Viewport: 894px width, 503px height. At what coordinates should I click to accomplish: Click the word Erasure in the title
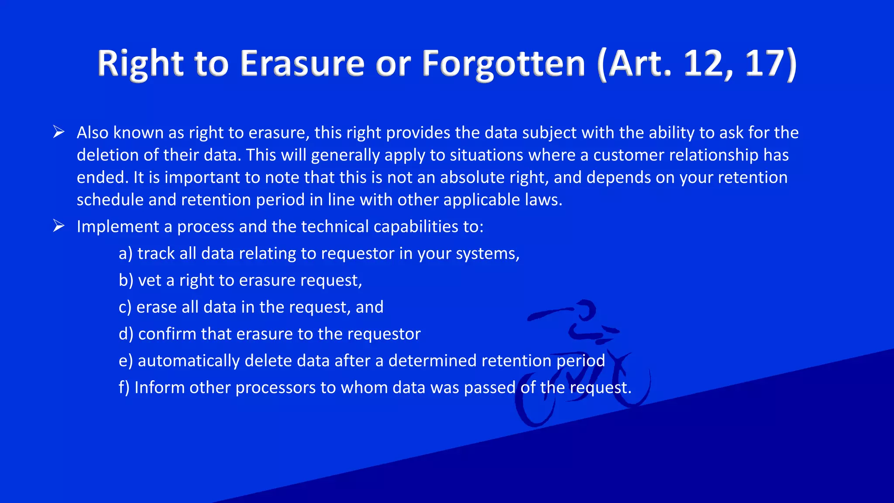[302, 64]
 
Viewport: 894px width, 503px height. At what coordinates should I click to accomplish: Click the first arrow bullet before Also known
[58, 132]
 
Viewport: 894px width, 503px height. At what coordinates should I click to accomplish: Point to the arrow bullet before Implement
[58, 226]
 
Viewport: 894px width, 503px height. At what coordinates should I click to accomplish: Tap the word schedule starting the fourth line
[110, 200]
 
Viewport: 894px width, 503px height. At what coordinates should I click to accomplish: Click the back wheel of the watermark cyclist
[535, 404]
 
